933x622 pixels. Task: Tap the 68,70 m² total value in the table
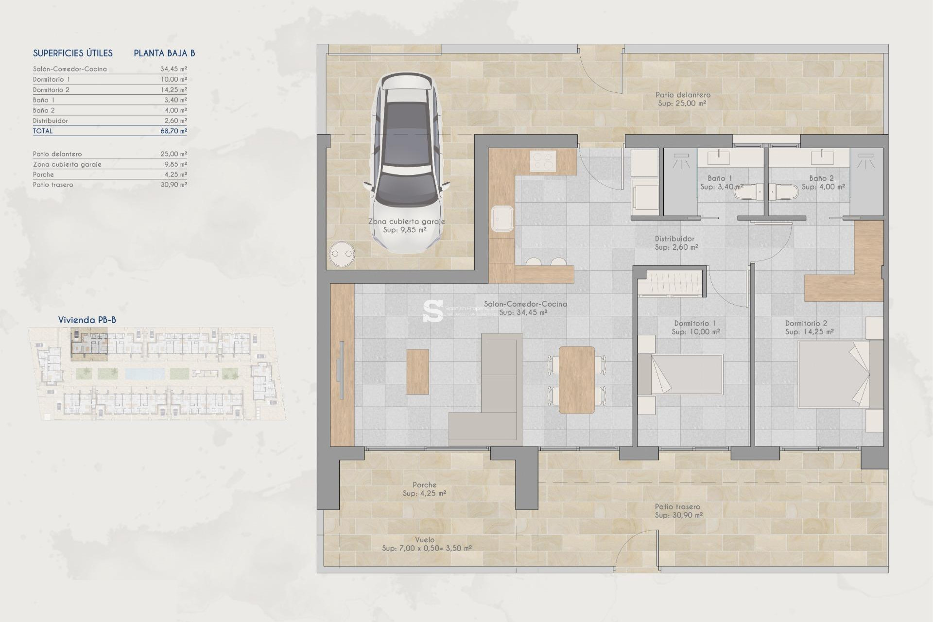click(x=173, y=131)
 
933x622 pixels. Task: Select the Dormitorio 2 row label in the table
click(x=51, y=90)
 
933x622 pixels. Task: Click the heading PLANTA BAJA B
click(x=164, y=53)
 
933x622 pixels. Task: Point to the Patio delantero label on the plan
click(x=682, y=95)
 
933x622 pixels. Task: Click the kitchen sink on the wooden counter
click(x=502, y=219)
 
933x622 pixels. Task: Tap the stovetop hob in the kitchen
click(x=543, y=161)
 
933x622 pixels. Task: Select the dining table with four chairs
click(x=577, y=380)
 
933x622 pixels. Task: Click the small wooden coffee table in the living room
click(x=417, y=372)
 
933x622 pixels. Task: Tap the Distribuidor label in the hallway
click(x=674, y=239)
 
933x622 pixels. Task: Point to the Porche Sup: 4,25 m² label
click(x=424, y=489)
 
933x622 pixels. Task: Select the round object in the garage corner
click(x=342, y=254)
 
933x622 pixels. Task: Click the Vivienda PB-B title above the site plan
click(x=87, y=320)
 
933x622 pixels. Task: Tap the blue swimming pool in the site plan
click(x=145, y=373)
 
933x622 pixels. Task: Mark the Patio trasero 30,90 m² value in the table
click(x=173, y=185)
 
